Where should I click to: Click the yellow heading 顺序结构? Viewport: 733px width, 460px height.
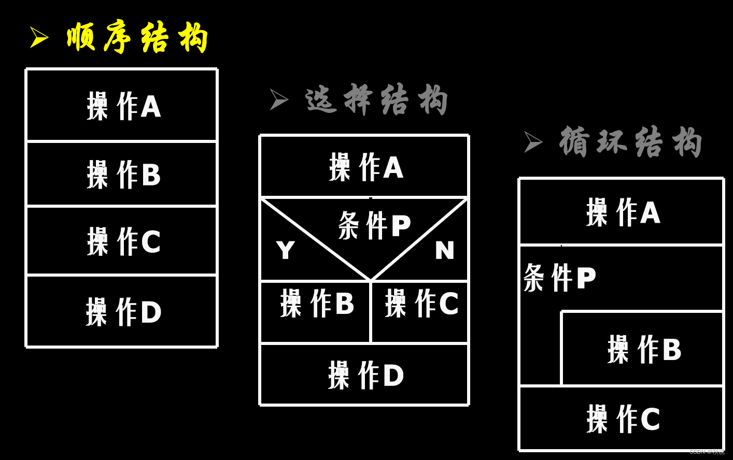pyautogui.click(x=137, y=38)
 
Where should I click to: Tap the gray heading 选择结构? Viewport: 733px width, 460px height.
pyautogui.click(x=376, y=99)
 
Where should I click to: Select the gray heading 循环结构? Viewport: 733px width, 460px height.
pyautogui.click(x=631, y=142)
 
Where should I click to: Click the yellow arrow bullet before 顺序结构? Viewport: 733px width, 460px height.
pyautogui.click(x=38, y=37)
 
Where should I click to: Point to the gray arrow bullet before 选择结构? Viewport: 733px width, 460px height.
pyautogui.click(x=278, y=99)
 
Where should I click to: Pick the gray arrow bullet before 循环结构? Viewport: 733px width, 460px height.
pyautogui.click(x=532, y=141)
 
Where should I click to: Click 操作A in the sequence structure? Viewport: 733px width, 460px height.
pyautogui.click(x=124, y=106)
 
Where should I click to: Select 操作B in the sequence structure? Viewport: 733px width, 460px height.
pyautogui.click(x=124, y=174)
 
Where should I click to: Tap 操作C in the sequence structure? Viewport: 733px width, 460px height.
pyautogui.click(x=124, y=241)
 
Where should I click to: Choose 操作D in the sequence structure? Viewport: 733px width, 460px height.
pyautogui.click(x=124, y=311)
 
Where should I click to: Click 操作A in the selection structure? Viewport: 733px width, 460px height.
pyautogui.click(x=366, y=167)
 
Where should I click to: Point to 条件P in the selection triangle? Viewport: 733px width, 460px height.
pyautogui.click(x=374, y=225)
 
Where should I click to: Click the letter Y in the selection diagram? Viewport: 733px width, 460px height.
pyautogui.click(x=286, y=251)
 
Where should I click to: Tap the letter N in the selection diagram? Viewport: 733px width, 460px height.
pyautogui.click(x=445, y=251)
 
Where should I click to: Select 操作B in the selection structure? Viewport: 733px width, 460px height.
pyautogui.click(x=317, y=303)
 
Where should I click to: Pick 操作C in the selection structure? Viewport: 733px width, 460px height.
pyautogui.click(x=421, y=303)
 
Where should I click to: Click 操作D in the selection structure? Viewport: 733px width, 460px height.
pyautogui.click(x=366, y=375)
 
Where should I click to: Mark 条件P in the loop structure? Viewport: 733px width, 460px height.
pyautogui.click(x=560, y=278)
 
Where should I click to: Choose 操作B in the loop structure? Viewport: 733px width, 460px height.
pyautogui.click(x=644, y=349)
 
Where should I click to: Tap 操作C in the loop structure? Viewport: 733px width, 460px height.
pyautogui.click(x=623, y=419)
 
